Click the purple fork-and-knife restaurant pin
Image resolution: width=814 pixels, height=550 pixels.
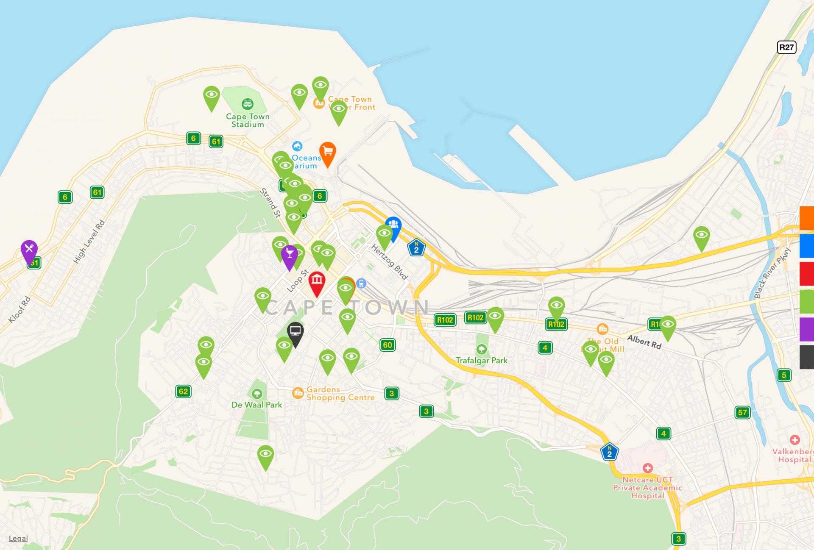coord(29,250)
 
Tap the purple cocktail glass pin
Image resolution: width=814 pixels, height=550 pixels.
coord(289,255)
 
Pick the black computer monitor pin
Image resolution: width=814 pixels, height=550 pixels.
coord(295,332)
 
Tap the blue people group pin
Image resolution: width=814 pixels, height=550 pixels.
coord(393,226)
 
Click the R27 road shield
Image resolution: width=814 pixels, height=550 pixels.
coord(786,47)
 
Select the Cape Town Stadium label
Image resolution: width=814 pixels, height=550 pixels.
coord(248,120)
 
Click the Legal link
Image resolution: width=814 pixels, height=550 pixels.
coord(18,538)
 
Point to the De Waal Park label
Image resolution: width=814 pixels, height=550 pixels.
coord(256,405)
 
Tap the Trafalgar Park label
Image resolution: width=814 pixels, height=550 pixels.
coord(482,360)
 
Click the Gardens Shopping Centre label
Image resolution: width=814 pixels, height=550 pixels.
coord(340,393)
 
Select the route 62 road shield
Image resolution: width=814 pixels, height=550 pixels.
coord(183,391)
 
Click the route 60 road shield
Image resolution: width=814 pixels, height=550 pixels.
coord(387,345)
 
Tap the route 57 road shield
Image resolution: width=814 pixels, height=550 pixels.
coord(742,412)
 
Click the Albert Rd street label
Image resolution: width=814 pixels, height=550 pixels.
coord(644,342)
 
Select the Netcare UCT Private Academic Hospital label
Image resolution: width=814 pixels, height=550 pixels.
coord(647,488)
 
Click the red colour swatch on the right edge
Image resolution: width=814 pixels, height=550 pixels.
coord(807,274)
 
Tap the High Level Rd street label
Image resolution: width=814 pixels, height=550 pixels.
coord(89,242)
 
